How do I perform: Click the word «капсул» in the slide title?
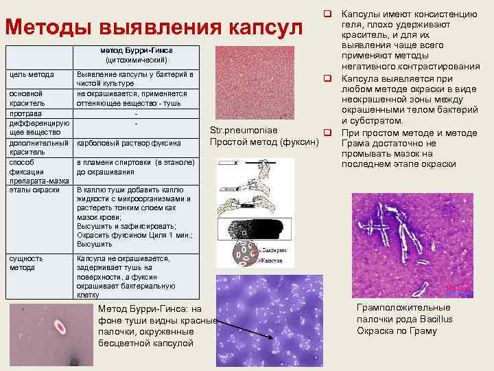coord(263,28)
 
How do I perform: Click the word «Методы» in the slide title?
coord(49,28)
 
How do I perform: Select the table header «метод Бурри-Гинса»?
coord(136,51)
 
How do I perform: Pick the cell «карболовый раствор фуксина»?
coord(128,143)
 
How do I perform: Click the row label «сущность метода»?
coord(25,262)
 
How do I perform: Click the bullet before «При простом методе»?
coord(328,132)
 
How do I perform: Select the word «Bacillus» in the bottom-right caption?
coord(434,319)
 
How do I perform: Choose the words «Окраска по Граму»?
coord(396,331)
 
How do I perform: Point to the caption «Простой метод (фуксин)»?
coord(265,142)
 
